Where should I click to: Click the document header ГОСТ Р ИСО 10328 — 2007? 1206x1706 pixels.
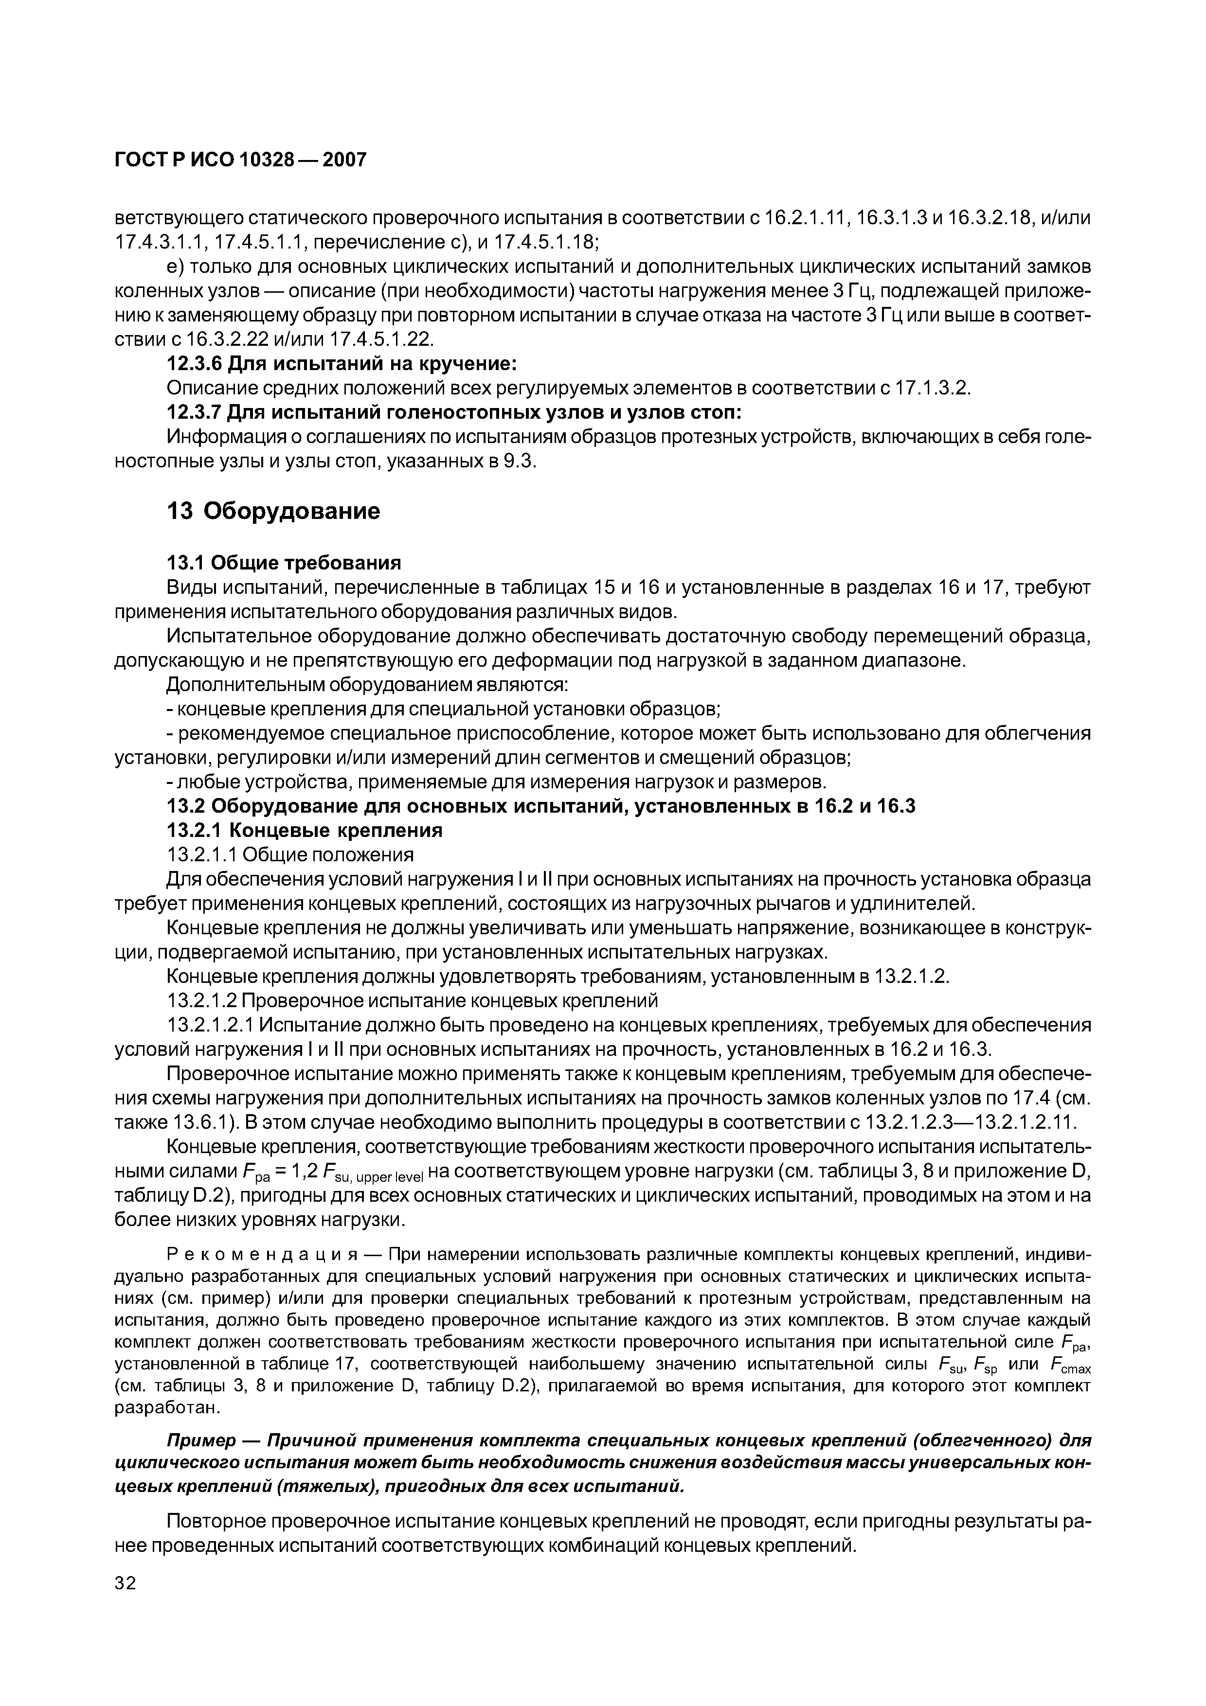coord(241,159)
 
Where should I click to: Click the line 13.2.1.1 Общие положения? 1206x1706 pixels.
coord(290,854)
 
